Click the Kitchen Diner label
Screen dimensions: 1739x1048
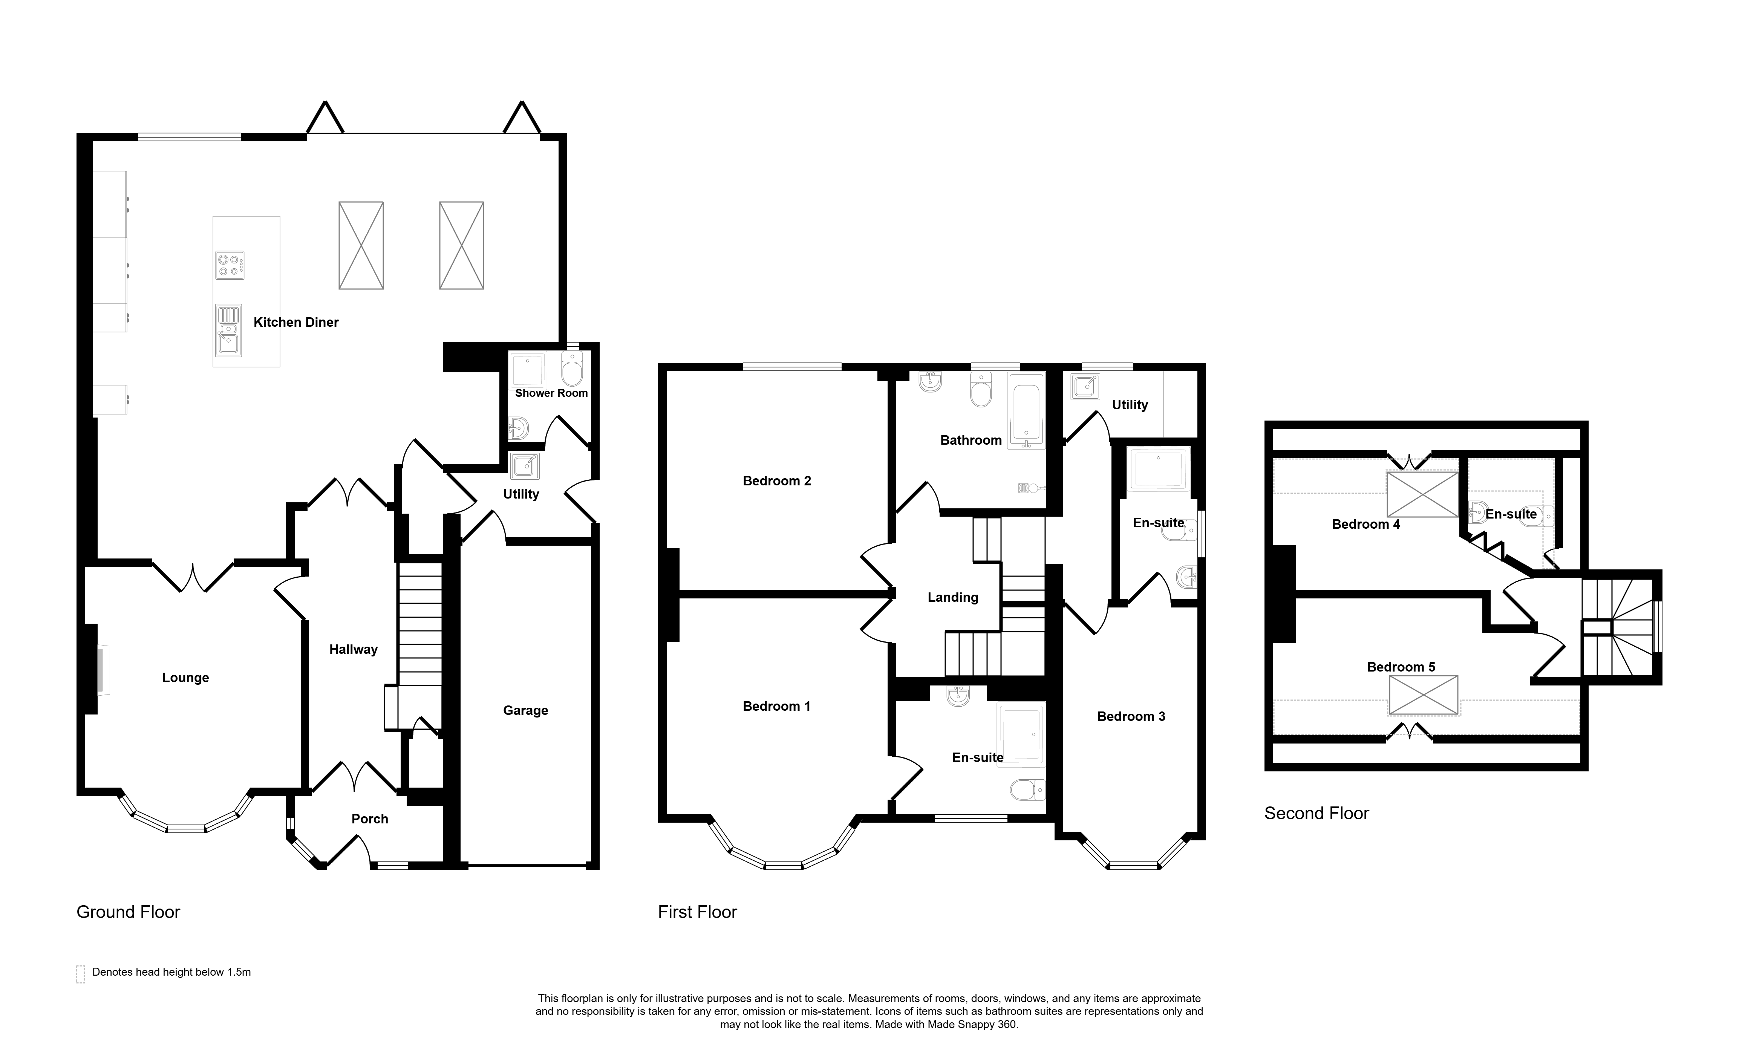click(x=296, y=323)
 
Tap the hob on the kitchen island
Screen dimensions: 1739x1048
click(x=230, y=265)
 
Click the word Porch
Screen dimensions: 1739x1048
click(x=370, y=819)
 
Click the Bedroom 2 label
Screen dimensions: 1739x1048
click(x=777, y=481)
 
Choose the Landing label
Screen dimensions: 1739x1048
click(x=953, y=598)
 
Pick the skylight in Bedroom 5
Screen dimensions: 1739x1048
click(x=1424, y=695)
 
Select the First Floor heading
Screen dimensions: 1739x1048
click(x=697, y=912)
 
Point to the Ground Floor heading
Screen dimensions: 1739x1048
click(x=129, y=912)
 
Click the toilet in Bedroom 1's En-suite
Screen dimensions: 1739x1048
click(x=1027, y=790)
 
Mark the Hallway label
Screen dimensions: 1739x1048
click(x=354, y=649)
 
